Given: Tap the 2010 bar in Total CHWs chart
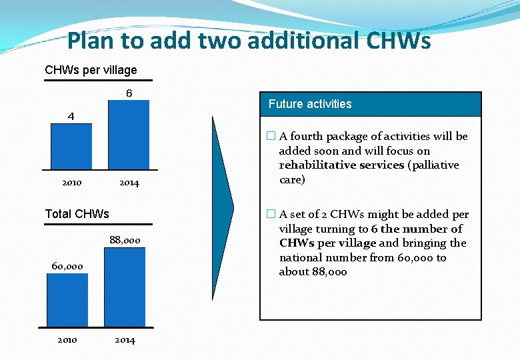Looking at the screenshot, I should tap(67, 300).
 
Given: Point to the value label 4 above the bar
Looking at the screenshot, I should tap(71, 116).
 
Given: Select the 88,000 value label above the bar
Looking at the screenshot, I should tap(125, 240).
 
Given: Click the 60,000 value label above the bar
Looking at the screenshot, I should tap(67, 267).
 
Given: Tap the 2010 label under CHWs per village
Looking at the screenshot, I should tap(71, 183).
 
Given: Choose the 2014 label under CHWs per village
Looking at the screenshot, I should tap(129, 183).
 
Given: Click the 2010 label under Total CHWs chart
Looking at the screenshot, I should tap(67, 340).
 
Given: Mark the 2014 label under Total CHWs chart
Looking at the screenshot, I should tap(125, 340).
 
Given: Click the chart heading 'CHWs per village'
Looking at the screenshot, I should tap(91, 70).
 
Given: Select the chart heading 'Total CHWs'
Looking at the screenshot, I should tap(77, 214).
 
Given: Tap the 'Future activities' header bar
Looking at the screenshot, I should tap(370, 104).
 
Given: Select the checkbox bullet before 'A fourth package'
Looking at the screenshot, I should tap(270, 137).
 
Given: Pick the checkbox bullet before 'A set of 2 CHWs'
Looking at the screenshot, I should tap(270, 215).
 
